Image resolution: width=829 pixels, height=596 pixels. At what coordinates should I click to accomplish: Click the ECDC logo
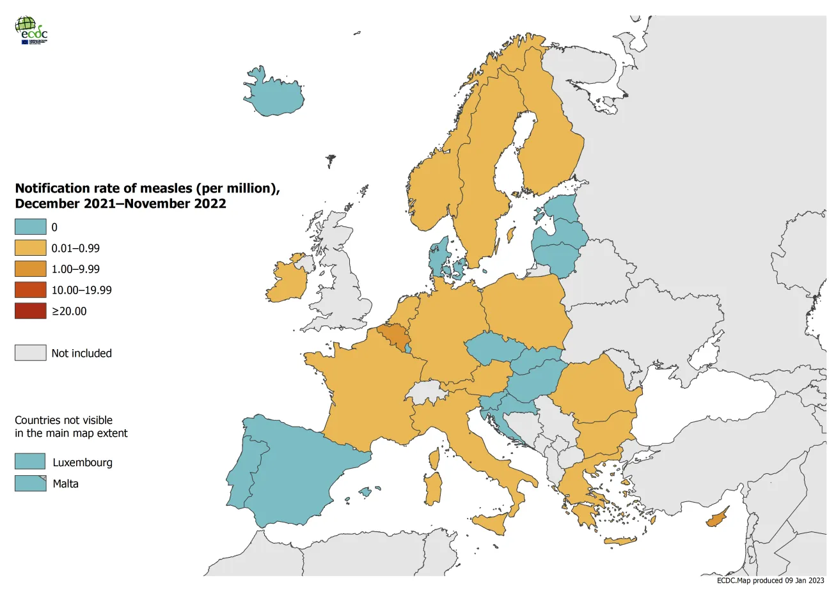[x=31, y=30]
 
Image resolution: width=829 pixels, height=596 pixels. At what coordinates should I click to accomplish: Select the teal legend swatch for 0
[x=31, y=227]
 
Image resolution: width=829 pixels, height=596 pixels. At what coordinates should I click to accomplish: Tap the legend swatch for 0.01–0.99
[x=31, y=248]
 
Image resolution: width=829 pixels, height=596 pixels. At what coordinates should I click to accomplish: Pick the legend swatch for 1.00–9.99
[x=31, y=269]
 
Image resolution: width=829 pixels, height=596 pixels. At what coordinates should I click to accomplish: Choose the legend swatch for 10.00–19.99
[x=31, y=290]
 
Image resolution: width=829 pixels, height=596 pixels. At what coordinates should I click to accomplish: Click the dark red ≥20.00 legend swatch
[x=31, y=311]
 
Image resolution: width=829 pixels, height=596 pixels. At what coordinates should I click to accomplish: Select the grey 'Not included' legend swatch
[x=31, y=353]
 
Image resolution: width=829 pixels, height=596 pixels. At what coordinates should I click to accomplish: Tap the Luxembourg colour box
[x=31, y=462]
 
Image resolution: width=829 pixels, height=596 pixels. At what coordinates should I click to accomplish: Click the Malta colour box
[x=31, y=483]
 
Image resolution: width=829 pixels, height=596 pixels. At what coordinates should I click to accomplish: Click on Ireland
[x=285, y=281]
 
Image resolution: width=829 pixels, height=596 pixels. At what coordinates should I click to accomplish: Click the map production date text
[x=770, y=581]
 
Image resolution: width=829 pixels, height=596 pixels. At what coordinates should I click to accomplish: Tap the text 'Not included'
[x=81, y=354]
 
